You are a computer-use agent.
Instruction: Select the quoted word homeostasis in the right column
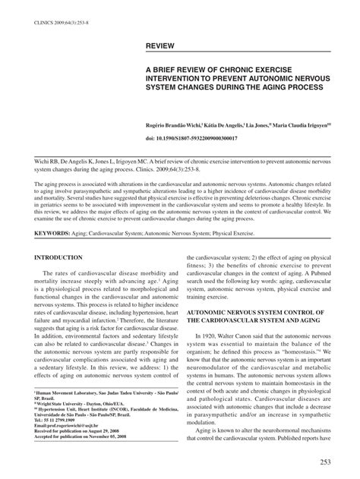[x=301, y=352]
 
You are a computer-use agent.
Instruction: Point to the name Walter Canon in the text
[x=249, y=335]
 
